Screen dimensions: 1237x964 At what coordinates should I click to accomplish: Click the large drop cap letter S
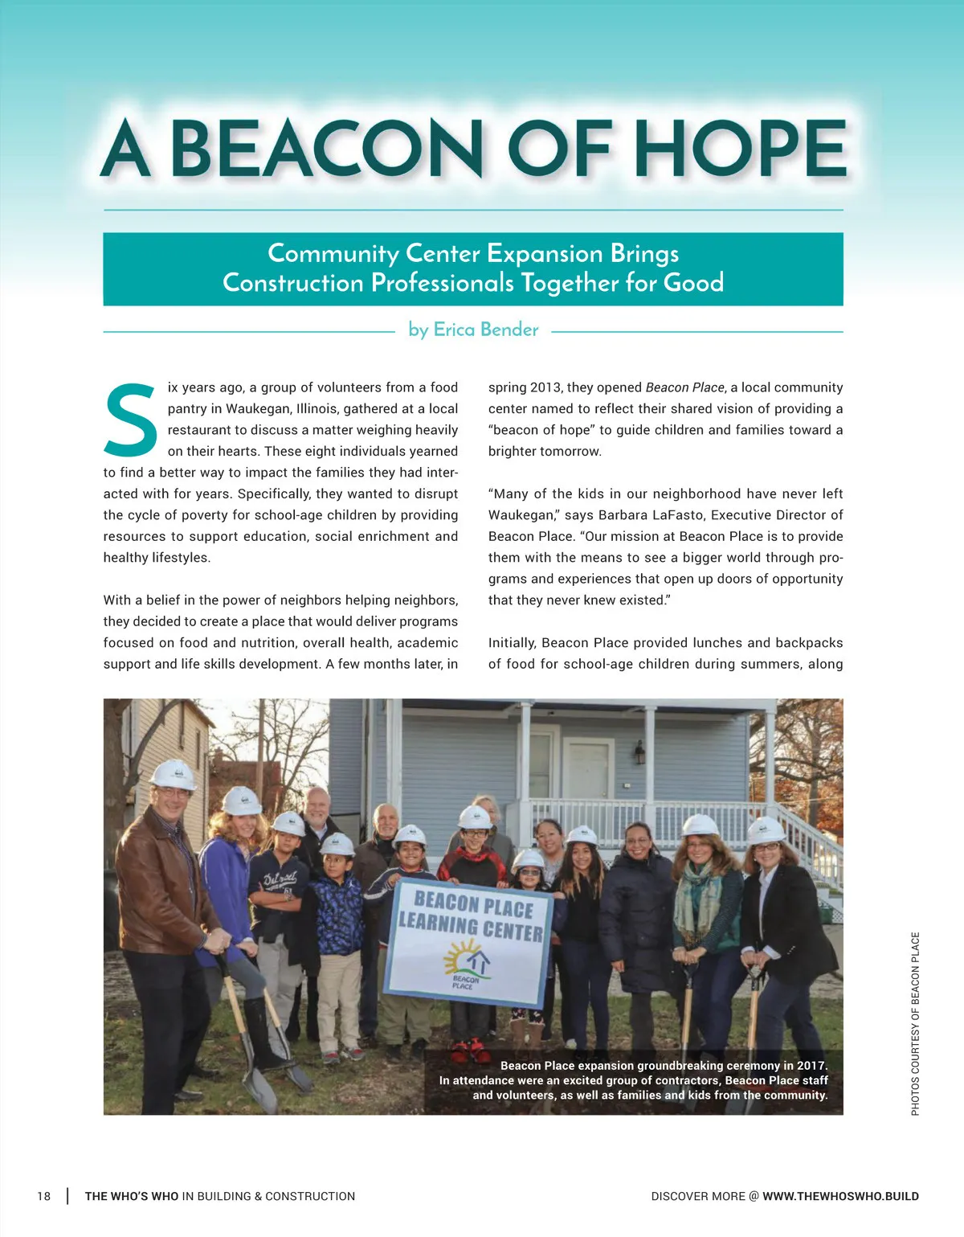point(130,420)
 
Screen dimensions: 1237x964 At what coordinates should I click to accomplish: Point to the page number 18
point(43,1196)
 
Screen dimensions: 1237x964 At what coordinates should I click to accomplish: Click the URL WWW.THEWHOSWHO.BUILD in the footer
point(840,1196)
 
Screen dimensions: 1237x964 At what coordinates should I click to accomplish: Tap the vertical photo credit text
point(915,1023)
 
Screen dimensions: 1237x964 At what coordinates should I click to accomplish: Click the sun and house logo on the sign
point(467,965)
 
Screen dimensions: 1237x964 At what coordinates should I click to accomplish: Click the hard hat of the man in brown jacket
point(173,775)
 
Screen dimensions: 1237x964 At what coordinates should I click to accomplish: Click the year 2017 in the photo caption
point(811,1066)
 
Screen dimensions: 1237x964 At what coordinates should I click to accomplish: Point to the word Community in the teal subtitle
point(333,254)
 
